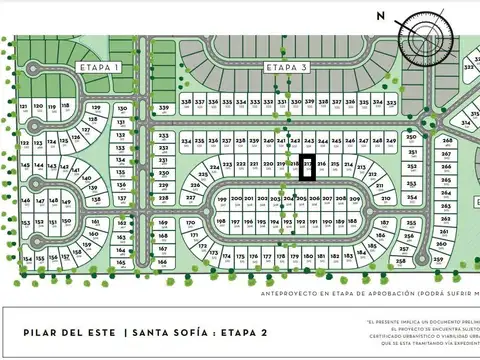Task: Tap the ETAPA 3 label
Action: [x=287, y=67]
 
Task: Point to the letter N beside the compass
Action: [x=380, y=15]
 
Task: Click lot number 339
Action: [x=164, y=107]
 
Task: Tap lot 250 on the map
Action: [x=411, y=136]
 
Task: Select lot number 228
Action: [x=163, y=199]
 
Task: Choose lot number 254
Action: [x=412, y=198]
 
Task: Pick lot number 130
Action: [x=122, y=107]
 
